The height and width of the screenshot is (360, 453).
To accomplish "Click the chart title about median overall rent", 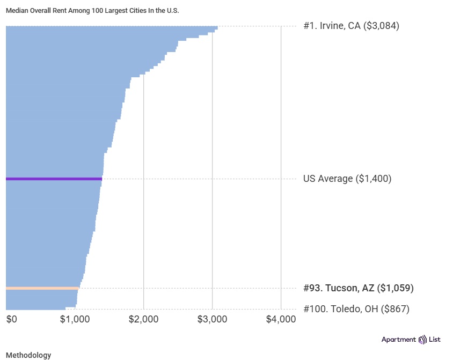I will coord(92,10).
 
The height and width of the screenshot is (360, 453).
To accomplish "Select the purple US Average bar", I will coord(54,179).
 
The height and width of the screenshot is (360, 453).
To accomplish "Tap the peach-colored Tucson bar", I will coord(42,288).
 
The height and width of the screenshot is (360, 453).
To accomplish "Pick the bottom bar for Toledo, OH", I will coord(35,308).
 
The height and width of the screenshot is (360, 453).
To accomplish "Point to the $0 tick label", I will coord(12,319).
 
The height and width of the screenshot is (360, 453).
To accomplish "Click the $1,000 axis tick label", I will coord(75,319).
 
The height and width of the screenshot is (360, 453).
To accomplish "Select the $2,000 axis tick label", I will coord(143,319).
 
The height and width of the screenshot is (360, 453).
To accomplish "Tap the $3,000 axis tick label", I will coord(212,319).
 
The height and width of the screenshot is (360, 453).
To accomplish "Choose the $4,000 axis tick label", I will coord(281,319).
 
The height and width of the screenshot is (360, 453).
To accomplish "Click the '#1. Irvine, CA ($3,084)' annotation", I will coord(351,26).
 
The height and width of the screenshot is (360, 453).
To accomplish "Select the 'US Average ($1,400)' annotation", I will coord(347,179).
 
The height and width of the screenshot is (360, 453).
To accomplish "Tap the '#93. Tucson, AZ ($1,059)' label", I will coord(359,288).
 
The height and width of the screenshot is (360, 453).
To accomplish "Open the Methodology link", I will coord(28,355).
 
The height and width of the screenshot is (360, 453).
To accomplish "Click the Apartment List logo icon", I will coord(422,340).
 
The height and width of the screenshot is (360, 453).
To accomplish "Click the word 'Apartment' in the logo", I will coord(398,340).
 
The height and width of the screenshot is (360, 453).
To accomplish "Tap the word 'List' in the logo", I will coord(434,340).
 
